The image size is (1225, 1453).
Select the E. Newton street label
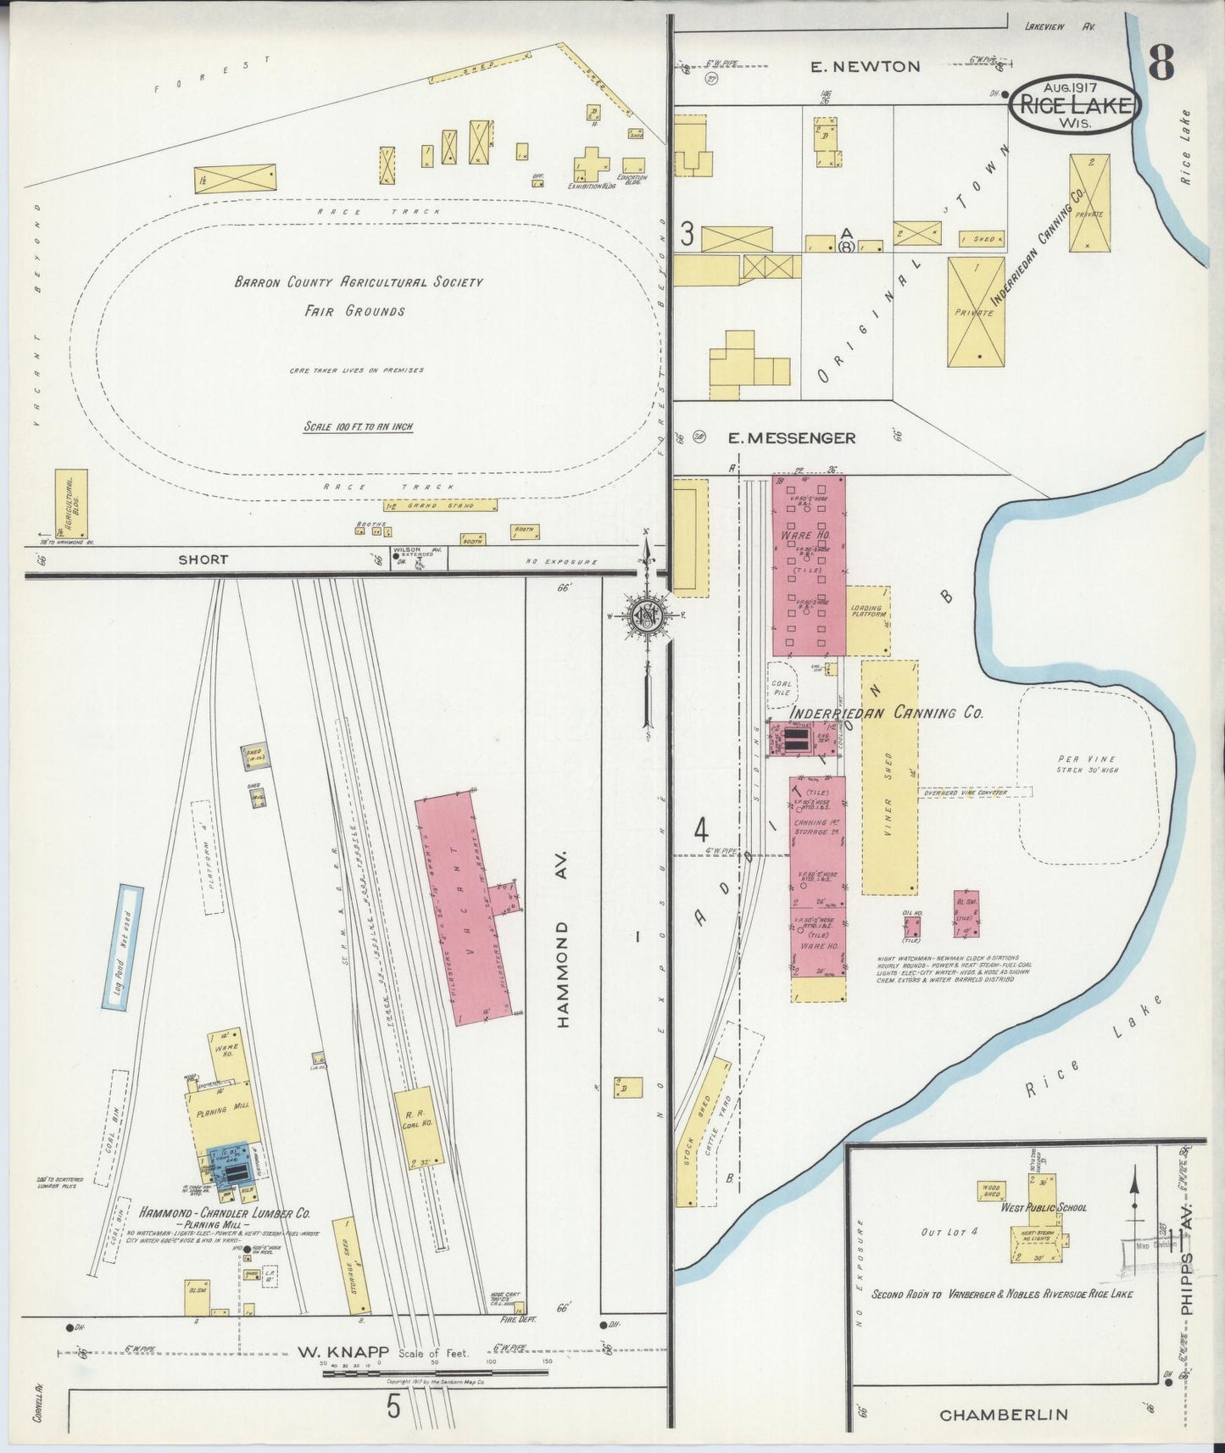click(x=864, y=66)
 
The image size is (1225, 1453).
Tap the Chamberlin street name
click(x=1004, y=1415)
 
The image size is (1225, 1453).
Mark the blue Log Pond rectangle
click(x=123, y=947)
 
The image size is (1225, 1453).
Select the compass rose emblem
click(x=646, y=615)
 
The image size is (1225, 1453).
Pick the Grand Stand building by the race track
click(x=440, y=505)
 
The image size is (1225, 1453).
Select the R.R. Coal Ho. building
click(x=415, y=1128)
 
